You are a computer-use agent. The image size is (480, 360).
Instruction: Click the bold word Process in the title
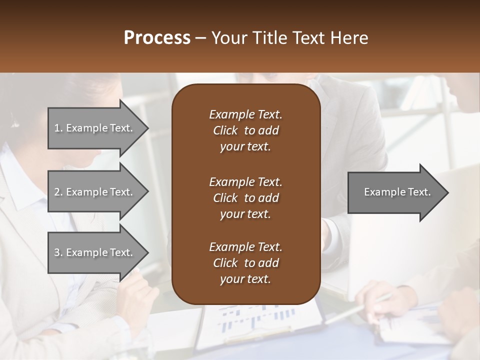pyautogui.click(x=157, y=38)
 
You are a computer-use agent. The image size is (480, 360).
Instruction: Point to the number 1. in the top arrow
pyautogui.click(x=58, y=128)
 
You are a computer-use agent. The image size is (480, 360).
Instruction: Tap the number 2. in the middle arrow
pyautogui.click(x=58, y=192)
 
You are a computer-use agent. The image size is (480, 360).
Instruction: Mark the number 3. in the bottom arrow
pyautogui.click(x=58, y=252)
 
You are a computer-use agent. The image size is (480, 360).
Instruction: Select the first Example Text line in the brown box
pyautogui.click(x=245, y=114)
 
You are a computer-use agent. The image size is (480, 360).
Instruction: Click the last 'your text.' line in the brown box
pyautogui.click(x=245, y=279)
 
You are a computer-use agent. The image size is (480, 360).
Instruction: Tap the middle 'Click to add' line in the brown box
pyautogui.click(x=245, y=198)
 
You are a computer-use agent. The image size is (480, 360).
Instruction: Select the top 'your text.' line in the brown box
pyautogui.click(x=245, y=147)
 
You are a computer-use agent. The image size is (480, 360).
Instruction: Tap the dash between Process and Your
pyautogui.click(x=200, y=38)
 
